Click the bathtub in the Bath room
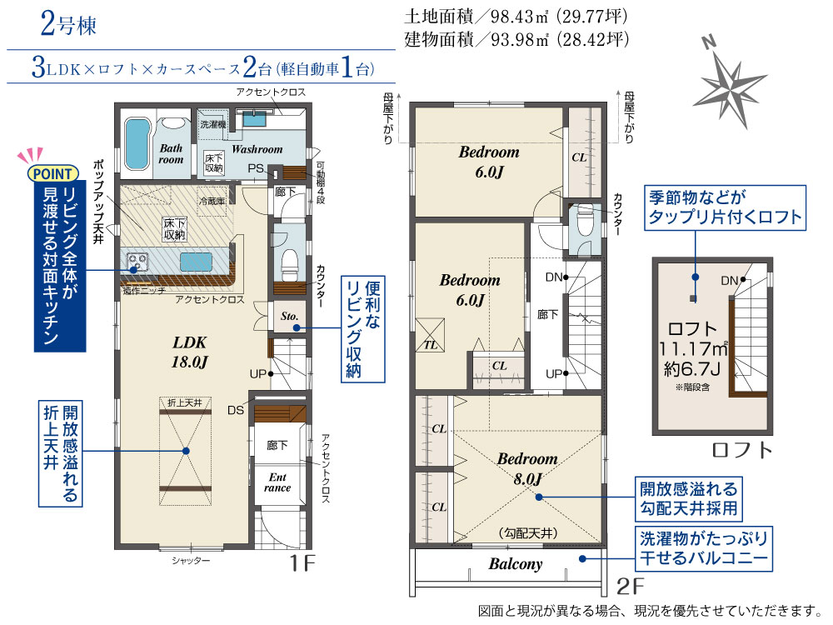[137, 143]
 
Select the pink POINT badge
[53, 174]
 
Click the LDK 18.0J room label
[189, 352]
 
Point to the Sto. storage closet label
[289, 316]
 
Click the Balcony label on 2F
[516, 564]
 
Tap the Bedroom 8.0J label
[527, 468]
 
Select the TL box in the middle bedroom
[430, 335]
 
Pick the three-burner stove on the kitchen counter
[137, 262]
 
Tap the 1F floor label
[302, 563]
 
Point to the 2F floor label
[630, 586]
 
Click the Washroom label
[257, 149]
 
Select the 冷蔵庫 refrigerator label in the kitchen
[212, 202]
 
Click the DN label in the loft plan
[730, 280]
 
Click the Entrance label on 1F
[277, 482]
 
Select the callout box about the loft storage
[725, 207]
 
